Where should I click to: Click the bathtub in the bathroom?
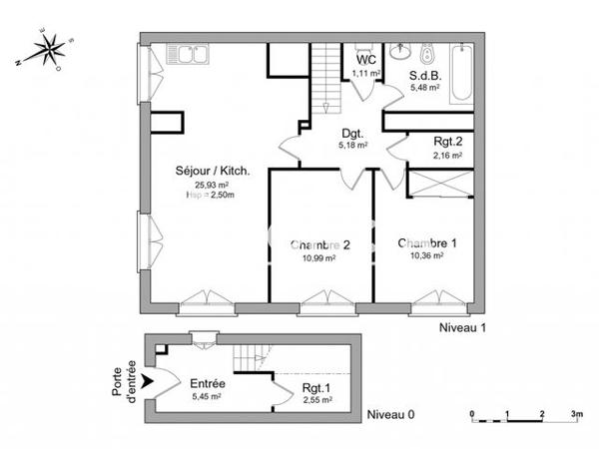tap(461, 73)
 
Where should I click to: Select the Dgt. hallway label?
tap(351, 134)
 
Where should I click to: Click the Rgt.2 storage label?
tap(447, 142)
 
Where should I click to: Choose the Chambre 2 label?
tap(319, 244)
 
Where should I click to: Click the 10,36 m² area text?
tap(426, 255)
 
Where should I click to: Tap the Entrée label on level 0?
tap(207, 384)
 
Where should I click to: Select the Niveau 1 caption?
tap(464, 327)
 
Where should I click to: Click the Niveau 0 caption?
tap(391, 414)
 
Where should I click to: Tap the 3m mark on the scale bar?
tap(576, 411)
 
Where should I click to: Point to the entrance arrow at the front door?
tap(151, 380)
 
